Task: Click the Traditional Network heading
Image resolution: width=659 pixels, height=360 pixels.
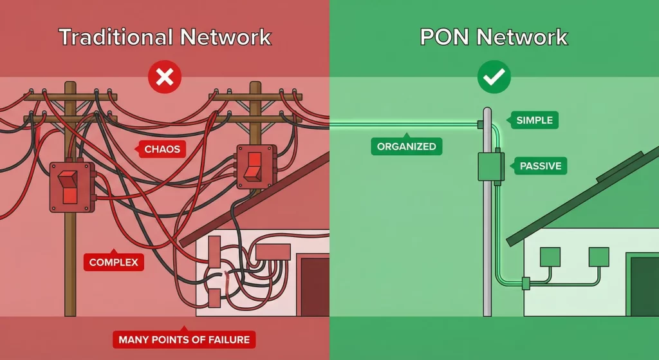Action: coord(165,37)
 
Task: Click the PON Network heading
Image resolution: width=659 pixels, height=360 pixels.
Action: coord(494,37)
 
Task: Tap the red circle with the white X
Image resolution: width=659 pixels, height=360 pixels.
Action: coord(165,79)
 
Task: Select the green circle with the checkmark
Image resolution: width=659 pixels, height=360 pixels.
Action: coord(494,79)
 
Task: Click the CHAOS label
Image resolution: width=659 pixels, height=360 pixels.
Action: coord(162,150)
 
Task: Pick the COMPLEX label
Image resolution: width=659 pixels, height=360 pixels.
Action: coord(113,262)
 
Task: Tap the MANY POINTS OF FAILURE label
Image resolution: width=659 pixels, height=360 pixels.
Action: coord(184,339)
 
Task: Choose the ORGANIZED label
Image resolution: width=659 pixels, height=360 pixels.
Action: coord(406,147)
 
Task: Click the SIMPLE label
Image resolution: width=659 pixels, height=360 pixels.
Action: coord(534,120)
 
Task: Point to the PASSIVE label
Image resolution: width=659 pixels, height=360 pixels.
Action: coord(540,166)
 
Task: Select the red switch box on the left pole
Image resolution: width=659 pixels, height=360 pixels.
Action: coord(71,187)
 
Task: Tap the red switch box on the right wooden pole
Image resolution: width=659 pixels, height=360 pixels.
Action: coord(255,166)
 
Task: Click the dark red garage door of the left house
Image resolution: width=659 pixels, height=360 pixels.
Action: coord(315,287)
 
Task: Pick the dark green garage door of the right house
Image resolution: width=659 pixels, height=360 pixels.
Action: coord(644,287)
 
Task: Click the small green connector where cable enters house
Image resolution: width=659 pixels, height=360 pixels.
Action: coord(525,281)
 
